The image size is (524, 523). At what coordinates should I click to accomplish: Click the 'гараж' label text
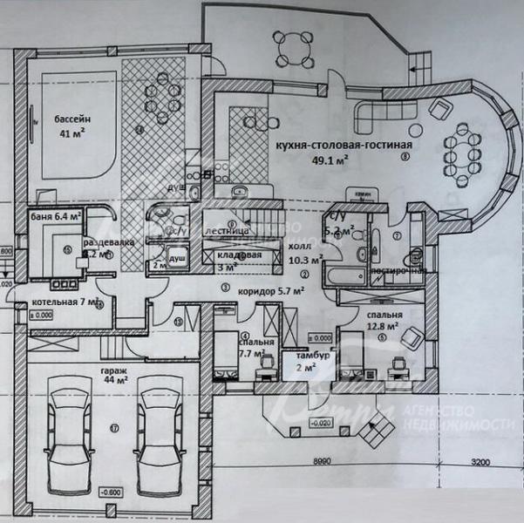coord(111,368)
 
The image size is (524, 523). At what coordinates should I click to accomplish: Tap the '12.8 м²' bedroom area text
coord(382,326)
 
